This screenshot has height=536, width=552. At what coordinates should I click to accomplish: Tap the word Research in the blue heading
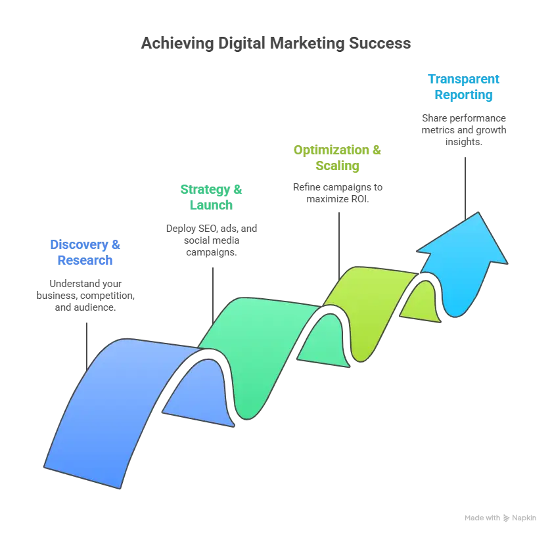coord(85,261)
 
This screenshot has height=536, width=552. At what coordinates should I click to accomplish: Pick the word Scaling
coord(338,166)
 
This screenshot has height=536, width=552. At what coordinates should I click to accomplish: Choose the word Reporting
coord(463,95)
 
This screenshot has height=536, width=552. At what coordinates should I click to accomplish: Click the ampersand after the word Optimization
coord(377,150)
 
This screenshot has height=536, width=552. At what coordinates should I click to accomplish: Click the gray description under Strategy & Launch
coord(210,239)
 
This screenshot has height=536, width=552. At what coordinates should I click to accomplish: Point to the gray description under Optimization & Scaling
coord(336,192)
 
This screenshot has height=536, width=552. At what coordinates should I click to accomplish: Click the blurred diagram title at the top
coord(276,45)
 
